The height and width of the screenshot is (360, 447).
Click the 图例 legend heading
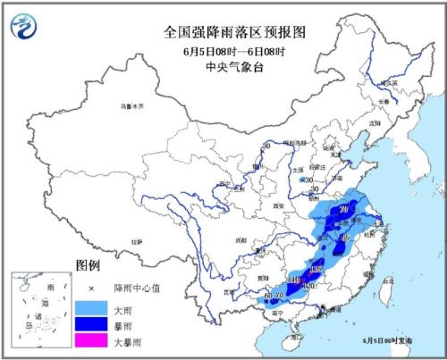pos(89,266)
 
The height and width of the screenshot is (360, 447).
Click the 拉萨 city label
pos(136,240)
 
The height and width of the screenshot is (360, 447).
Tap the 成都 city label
pos(213,240)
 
